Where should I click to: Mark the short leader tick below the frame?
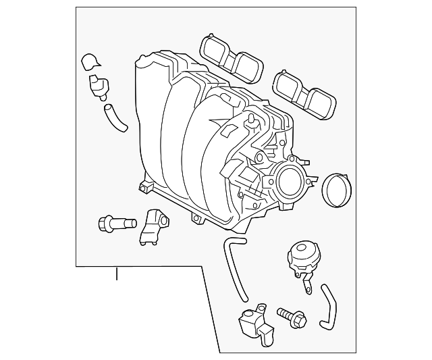(117, 274)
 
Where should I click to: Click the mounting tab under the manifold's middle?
(197, 220)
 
